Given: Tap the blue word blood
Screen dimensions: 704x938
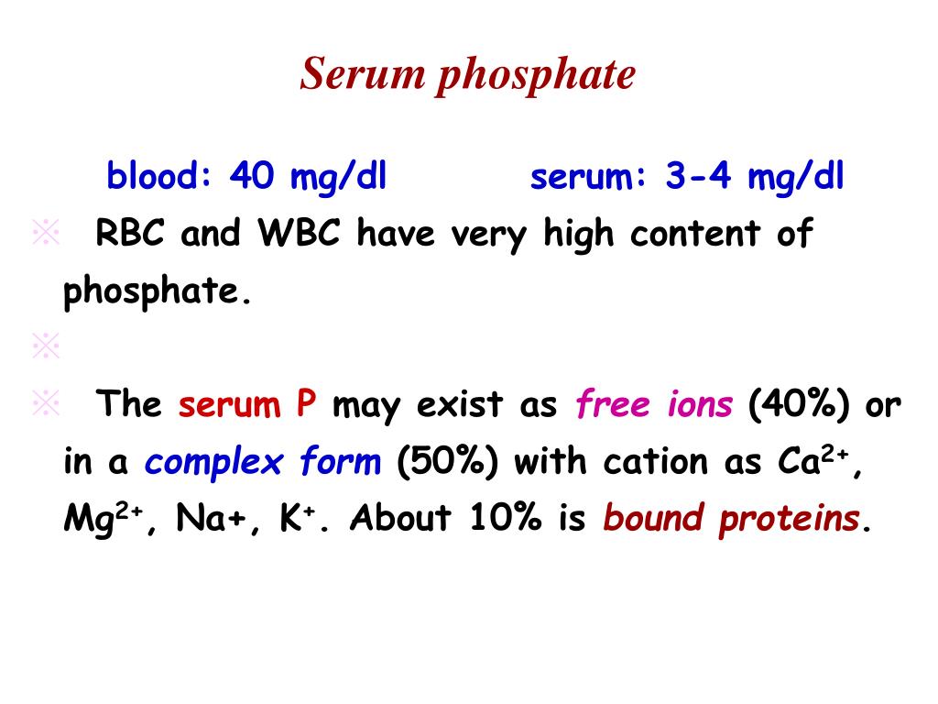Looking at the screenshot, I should (158, 175).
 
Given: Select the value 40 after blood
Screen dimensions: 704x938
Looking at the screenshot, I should (252, 175).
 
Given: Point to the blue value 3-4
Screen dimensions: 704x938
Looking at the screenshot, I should (699, 175).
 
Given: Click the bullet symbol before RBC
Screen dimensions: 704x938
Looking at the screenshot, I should (45, 234).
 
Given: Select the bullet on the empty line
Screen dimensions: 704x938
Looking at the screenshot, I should (45, 346).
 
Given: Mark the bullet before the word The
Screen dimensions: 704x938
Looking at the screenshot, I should (45, 403).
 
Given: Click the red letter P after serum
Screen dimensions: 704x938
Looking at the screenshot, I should (306, 404).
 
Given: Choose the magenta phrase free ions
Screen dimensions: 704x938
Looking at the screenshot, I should (654, 404).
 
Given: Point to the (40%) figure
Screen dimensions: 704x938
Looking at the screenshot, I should (802, 404).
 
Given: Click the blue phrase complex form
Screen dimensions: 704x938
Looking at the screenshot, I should (262, 462).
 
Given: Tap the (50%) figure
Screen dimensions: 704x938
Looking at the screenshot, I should (448, 462).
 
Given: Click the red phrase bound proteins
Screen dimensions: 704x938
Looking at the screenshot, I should (731, 519).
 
